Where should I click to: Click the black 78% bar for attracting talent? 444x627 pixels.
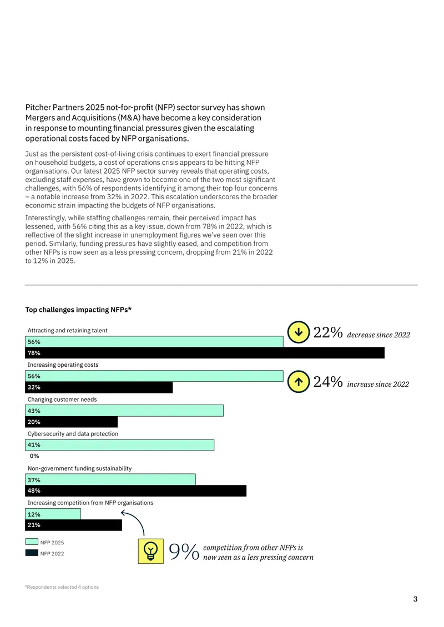(205, 353)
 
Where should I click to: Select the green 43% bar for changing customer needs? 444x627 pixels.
(124, 411)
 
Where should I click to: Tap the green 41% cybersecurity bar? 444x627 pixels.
(119, 445)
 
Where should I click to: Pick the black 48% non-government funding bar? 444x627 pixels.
(135, 491)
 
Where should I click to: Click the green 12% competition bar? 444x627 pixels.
(53, 514)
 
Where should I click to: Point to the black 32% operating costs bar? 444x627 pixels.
(99, 387)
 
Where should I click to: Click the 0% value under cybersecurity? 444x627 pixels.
(34, 456)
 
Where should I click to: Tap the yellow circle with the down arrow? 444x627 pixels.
(299, 332)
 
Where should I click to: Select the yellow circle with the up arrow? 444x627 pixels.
(299, 382)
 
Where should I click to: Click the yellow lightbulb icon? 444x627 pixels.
(151, 551)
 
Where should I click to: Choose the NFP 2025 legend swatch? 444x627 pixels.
(32, 542)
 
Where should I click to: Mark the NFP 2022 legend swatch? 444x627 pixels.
(32, 553)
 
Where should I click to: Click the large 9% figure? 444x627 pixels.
(184, 552)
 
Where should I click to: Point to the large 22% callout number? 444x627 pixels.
(328, 332)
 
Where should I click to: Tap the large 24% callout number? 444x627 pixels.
(328, 382)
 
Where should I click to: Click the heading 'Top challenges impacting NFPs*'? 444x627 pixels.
(78, 310)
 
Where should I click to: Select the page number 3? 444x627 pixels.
(415, 599)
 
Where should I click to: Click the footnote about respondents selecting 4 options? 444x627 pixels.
(62, 587)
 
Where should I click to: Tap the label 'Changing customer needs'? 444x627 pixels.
(62, 400)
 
